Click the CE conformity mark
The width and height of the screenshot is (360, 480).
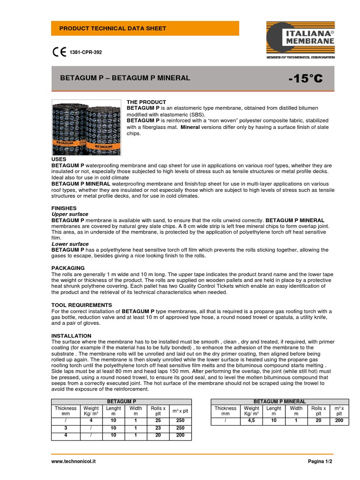point(59,52)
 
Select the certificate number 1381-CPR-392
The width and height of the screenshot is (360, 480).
point(86,52)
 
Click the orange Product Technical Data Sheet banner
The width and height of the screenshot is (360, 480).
point(145,29)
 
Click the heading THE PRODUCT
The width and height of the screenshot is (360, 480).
point(147,102)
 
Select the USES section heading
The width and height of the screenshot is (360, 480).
point(59,159)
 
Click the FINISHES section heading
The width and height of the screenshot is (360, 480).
point(64,208)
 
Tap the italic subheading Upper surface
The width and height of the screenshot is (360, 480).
point(70,214)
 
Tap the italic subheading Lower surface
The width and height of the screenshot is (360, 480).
point(70,244)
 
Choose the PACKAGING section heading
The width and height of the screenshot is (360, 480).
point(68,268)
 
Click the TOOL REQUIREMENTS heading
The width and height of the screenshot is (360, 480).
point(82,305)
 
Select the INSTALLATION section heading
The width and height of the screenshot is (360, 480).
point(71,336)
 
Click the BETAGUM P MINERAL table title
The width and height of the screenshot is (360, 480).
point(279,402)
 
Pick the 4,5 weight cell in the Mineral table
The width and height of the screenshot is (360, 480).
point(251,421)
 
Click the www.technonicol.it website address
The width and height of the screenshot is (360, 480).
point(74,462)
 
